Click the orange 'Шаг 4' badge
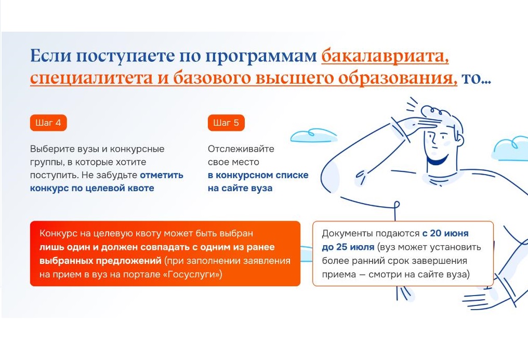[48, 123]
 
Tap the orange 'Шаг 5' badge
[226, 123]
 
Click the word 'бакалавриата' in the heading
[385, 56]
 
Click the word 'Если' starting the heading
[51, 56]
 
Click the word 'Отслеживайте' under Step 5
[241, 149]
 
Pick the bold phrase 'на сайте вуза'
[240, 188]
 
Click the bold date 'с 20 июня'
[445, 233]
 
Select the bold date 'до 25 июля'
[348, 247]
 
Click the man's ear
[458, 139]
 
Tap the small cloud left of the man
[313, 135]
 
